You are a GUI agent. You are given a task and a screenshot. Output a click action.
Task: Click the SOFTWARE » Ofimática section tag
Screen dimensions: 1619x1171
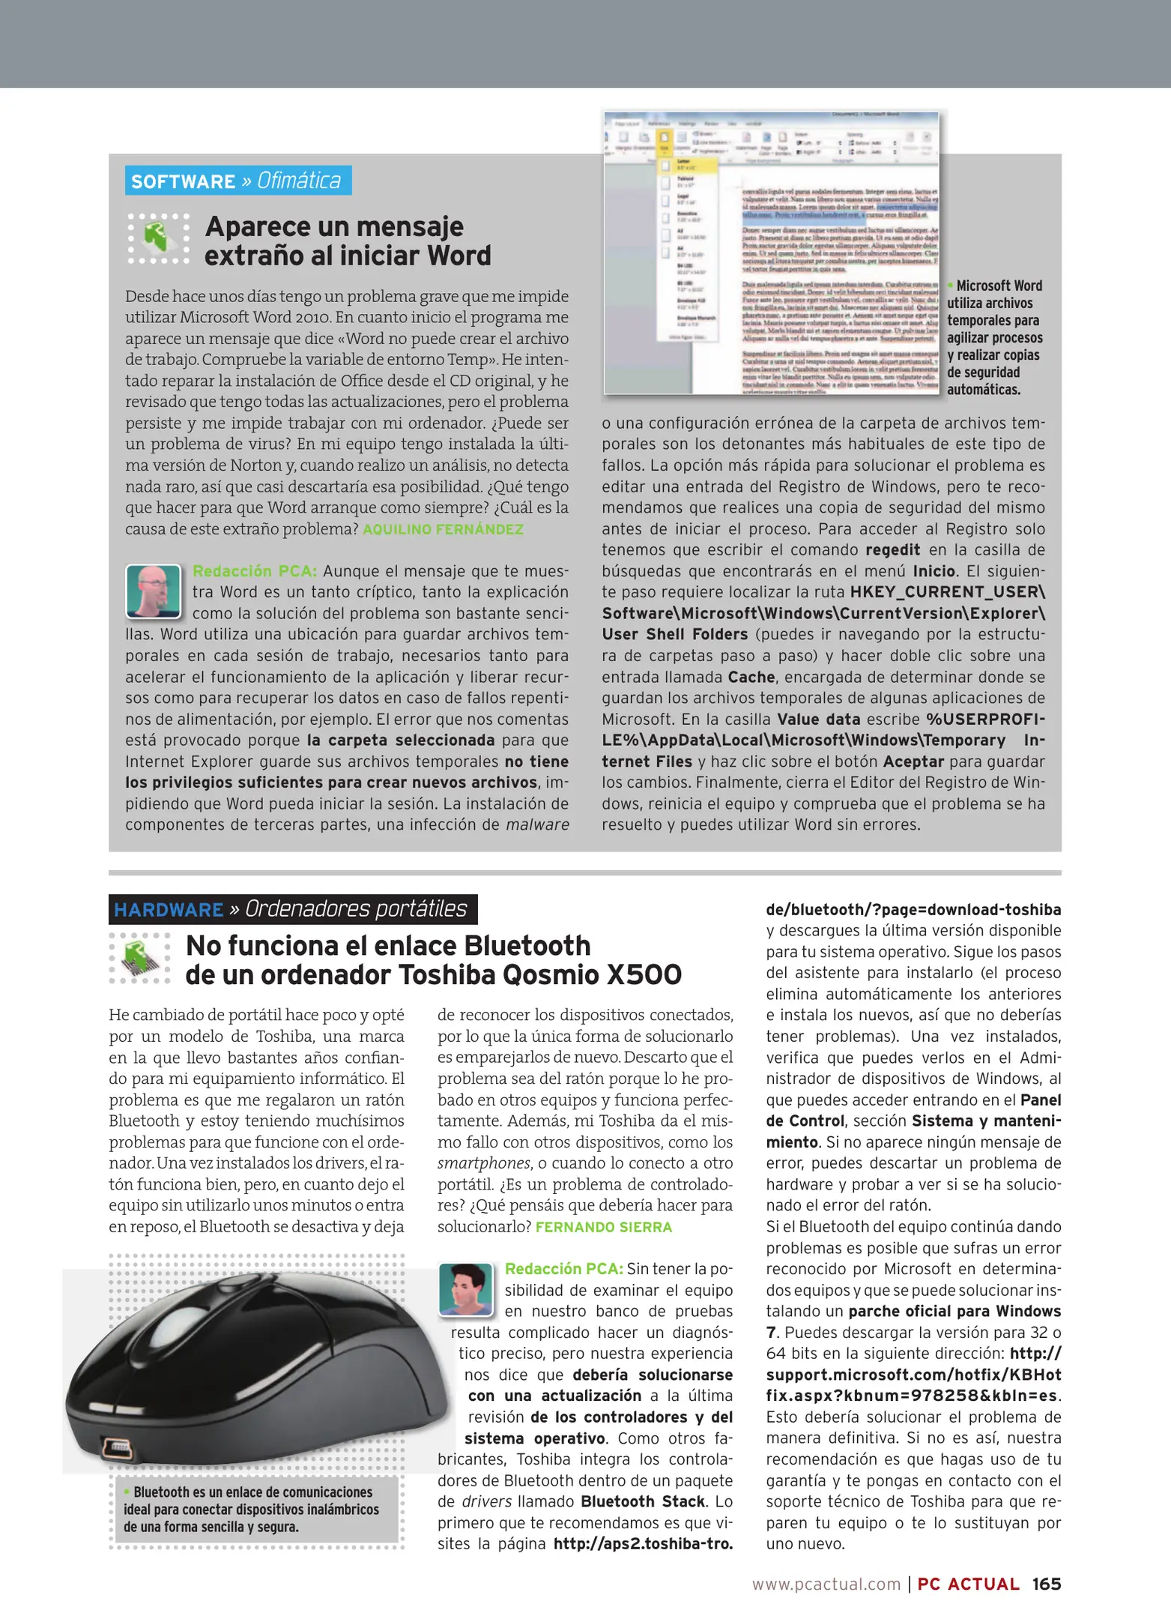[237, 181]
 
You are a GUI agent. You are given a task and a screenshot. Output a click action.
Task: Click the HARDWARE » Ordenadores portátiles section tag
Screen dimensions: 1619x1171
[292, 909]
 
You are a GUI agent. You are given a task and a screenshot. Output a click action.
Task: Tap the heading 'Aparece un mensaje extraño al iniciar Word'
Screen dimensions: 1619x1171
[347, 241]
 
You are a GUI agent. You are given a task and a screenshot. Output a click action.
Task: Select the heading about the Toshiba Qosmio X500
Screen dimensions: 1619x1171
[433, 959]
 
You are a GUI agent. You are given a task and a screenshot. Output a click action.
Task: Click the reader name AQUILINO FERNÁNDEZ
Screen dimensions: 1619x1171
[443, 529]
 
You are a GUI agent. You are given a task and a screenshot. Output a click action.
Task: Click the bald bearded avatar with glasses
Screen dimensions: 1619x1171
[154, 591]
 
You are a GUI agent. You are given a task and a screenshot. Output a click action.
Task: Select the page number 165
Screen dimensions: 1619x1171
[1046, 1583]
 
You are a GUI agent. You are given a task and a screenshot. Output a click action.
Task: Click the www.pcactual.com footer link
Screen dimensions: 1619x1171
[826, 1584]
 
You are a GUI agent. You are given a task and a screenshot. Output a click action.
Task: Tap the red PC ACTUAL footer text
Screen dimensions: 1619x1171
[968, 1584]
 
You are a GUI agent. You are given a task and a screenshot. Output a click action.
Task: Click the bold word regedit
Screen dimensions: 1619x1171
[892, 549]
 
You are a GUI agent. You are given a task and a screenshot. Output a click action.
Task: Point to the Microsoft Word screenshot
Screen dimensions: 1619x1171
[772, 253]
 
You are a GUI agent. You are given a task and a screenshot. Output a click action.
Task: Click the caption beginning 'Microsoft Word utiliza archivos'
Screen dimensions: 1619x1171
[994, 337]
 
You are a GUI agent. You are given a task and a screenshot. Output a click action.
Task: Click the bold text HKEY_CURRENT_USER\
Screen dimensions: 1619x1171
[947, 591]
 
